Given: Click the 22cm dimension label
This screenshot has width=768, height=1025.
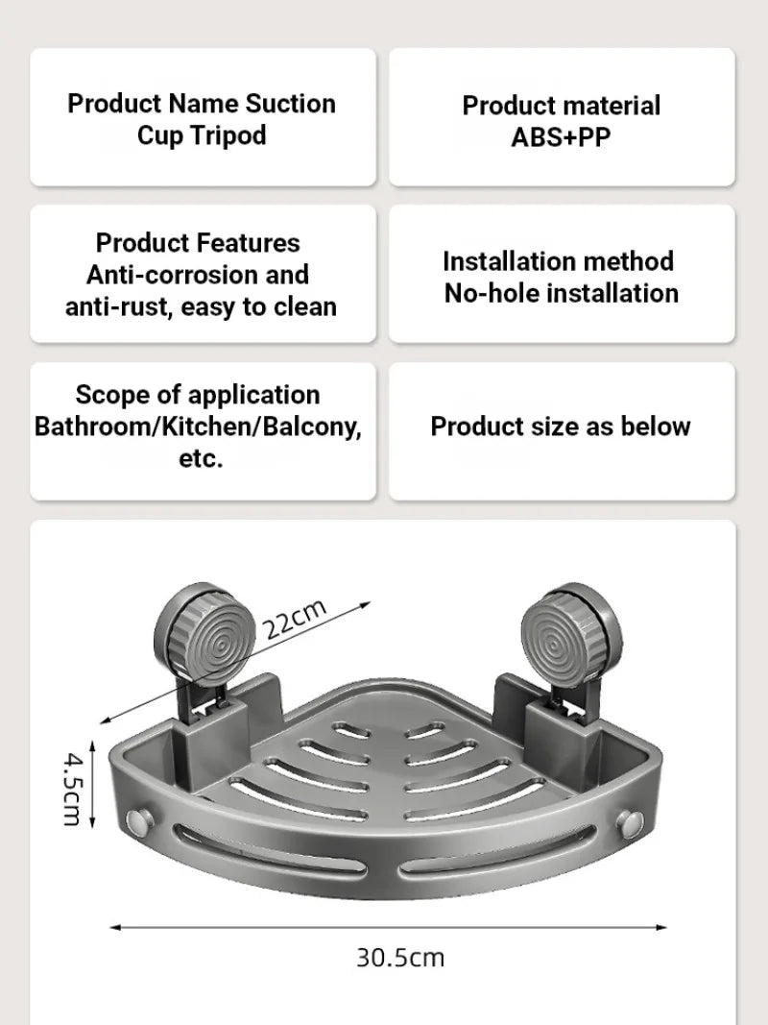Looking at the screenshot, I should (297, 619).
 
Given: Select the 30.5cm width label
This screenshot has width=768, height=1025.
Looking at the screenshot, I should (400, 957).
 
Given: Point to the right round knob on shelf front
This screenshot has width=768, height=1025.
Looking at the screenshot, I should (633, 822).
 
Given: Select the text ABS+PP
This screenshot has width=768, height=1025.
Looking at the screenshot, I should (561, 136).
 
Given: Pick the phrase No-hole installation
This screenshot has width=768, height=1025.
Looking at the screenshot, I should (561, 293).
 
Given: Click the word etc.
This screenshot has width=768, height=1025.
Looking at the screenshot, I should (201, 458).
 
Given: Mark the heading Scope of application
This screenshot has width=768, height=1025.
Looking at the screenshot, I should (198, 394).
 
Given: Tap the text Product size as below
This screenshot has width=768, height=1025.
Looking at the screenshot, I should (561, 427).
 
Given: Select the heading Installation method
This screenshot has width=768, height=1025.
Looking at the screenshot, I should (558, 260).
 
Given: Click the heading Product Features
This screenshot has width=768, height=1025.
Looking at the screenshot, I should (198, 242).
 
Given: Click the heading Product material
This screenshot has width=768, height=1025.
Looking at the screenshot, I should (562, 105).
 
